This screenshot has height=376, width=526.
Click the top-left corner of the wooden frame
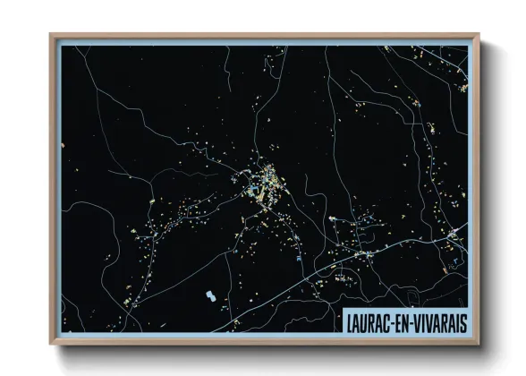pyautogui.click(x=52, y=37)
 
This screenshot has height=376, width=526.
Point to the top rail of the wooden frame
pyautogui.click(x=265, y=37)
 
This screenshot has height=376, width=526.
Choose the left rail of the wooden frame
pyautogui.click(x=53, y=189)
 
